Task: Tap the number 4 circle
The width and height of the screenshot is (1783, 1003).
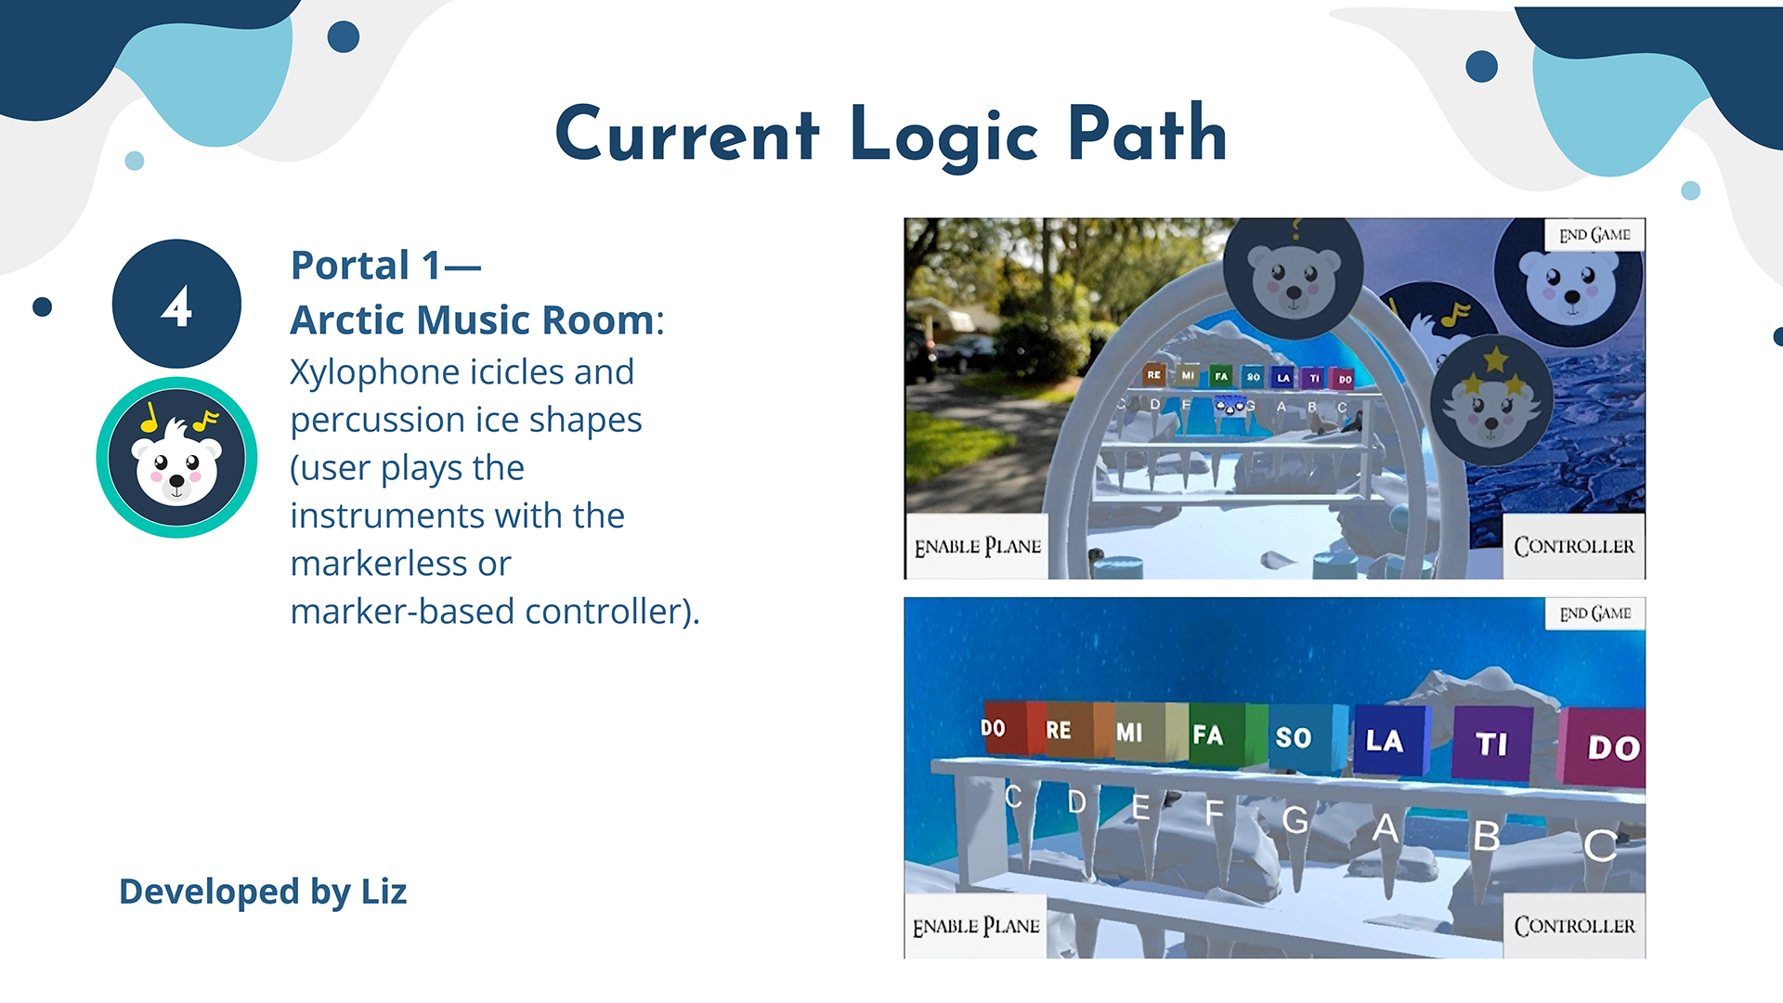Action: [176, 304]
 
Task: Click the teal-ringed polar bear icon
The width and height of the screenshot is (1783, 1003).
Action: [176, 457]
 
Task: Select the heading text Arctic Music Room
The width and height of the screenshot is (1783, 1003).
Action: [473, 320]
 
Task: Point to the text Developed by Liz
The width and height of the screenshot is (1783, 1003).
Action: [263, 892]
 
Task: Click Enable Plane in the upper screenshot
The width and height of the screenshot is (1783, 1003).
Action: [977, 547]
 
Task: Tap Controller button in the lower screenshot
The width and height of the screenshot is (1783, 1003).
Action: [1574, 926]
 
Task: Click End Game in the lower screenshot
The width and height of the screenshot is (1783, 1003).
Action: [1594, 614]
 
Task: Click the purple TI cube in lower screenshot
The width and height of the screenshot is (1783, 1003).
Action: [1491, 744]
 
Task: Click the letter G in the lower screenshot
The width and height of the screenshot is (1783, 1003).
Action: [1295, 819]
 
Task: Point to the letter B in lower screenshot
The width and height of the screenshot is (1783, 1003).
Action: [1487, 837]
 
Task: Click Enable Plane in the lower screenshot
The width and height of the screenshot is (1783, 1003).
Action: [976, 926]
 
